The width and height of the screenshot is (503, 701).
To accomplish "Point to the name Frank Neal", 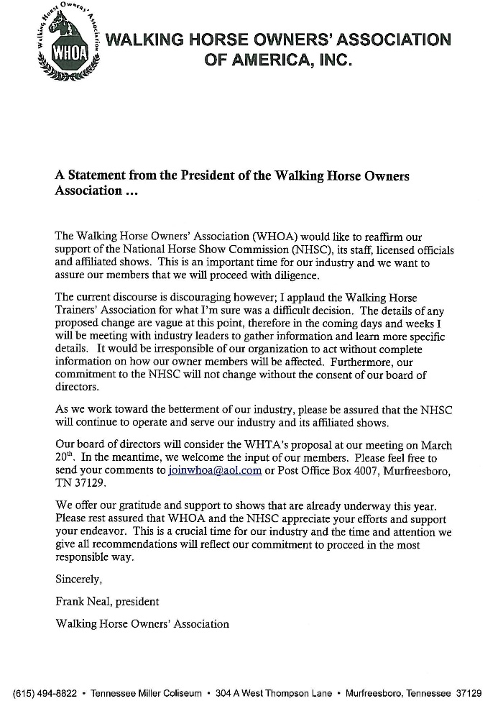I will click(x=83, y=601).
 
